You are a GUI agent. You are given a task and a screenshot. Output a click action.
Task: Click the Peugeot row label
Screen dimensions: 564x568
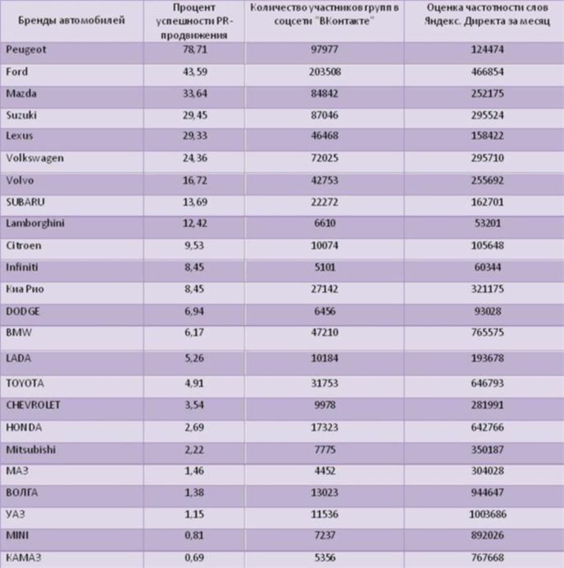(x=26, y=50)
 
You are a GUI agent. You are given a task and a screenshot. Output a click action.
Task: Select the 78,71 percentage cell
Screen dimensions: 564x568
(x=195, y=49)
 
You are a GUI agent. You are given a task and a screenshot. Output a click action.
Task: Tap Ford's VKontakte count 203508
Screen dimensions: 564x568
(x=325, y=72)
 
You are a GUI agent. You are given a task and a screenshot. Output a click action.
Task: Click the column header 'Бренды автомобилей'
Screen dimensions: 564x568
(x=71, y=20)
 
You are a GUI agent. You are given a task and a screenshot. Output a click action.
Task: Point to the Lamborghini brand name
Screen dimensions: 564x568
(x=35, y=223)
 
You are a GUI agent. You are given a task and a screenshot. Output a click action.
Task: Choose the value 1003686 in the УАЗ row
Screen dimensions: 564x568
(x=488, y=514)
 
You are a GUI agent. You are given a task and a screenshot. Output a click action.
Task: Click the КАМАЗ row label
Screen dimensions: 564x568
(x=24, y=557)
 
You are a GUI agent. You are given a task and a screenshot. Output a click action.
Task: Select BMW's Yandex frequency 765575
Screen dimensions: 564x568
(x=488, y=332)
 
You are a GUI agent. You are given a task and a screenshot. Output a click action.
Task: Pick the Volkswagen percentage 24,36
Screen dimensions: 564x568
(x=195, y=158)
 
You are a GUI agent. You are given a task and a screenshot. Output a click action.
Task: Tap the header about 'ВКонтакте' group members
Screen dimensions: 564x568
(x=324, y=14)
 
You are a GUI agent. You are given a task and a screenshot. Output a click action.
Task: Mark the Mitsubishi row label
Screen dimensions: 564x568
(x=31, y=449)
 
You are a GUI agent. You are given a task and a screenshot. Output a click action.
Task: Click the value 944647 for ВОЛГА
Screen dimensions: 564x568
(x=488, y=493)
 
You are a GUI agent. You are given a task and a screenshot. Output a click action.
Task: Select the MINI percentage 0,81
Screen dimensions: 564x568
(x=194, y=535)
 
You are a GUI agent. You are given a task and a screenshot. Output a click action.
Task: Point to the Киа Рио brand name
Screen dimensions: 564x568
(x=25, y=289)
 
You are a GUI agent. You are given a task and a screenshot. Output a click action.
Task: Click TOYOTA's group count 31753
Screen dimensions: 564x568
(x=325, y=383)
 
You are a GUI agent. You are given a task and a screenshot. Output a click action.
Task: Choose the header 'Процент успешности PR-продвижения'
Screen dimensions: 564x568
(x=194, y=21)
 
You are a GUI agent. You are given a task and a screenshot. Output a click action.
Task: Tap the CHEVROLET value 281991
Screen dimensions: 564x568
(x=488, y=405)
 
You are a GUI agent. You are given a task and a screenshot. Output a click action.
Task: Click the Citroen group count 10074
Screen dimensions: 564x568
(x=325, y=245)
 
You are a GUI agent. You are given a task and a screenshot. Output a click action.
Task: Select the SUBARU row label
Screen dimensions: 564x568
(x=25, y=202)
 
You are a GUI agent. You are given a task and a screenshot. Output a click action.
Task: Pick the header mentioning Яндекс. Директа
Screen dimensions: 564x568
(x=487, y=14)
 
